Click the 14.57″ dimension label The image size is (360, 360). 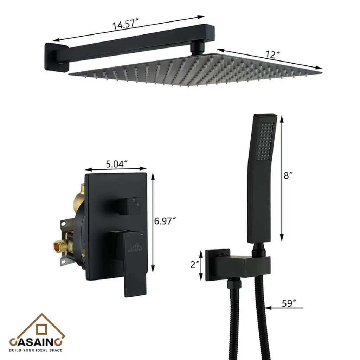[126, 24]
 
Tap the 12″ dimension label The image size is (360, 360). [273, 54]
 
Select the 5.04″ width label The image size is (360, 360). [117, 164]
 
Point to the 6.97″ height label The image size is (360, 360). [165, 221]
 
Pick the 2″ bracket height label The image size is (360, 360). [195, 264]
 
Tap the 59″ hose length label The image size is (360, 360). [289, 303]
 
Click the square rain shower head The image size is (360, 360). [195, 70]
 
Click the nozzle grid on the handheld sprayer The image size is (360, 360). [265, 141]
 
